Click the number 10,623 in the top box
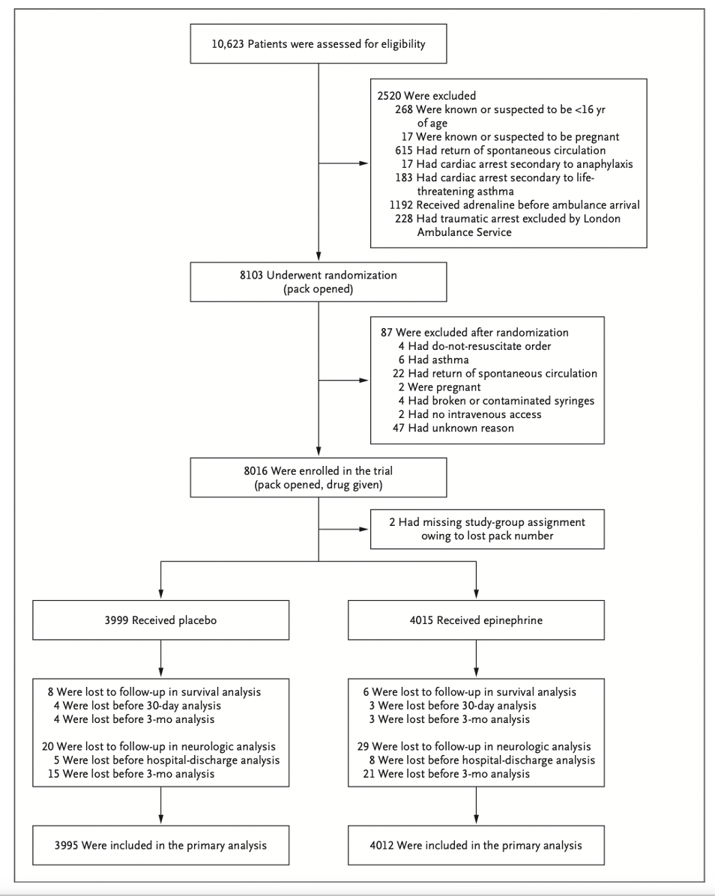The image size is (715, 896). point(228,44)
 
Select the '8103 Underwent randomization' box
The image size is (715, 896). point(319,282)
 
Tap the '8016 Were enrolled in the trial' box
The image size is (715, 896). point(319,477)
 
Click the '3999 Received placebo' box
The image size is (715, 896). point(160,620)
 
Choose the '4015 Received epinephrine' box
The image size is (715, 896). point(476,620)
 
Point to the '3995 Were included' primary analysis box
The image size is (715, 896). point(160,845)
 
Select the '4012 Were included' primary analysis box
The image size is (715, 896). point(476,845)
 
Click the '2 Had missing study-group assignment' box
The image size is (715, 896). point(487,529)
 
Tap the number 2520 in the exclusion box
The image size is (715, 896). point(389,95)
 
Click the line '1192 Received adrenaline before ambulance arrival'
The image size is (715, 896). point(514,205)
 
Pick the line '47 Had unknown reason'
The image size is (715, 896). point(453,428)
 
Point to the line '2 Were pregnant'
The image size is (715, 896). point(439,387)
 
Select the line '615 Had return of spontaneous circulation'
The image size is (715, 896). point(500,151)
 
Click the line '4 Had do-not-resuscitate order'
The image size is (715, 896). point(475,345)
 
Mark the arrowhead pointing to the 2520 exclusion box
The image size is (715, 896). point(364,163)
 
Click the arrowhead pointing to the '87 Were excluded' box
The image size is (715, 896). point(364,380)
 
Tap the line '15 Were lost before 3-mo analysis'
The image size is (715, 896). point(131,774)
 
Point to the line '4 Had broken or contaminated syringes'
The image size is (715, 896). point(496,401)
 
